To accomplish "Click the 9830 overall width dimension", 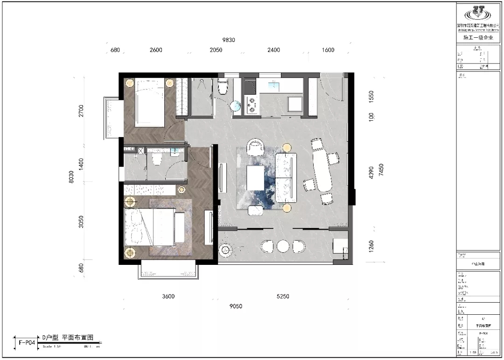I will (x=228, y=40).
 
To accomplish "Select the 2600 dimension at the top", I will (x=156, y=50).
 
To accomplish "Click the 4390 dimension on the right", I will (x=371, y=173).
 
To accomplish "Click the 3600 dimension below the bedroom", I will (x=168, y=297).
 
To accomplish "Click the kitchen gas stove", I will (x=252, y=104).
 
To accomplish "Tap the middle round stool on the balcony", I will (x=283, y=246).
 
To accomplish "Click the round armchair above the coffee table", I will (x=255, y=147).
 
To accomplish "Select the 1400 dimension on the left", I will (x=81, y=164).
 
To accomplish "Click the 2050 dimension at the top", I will (x=216, y=50).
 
